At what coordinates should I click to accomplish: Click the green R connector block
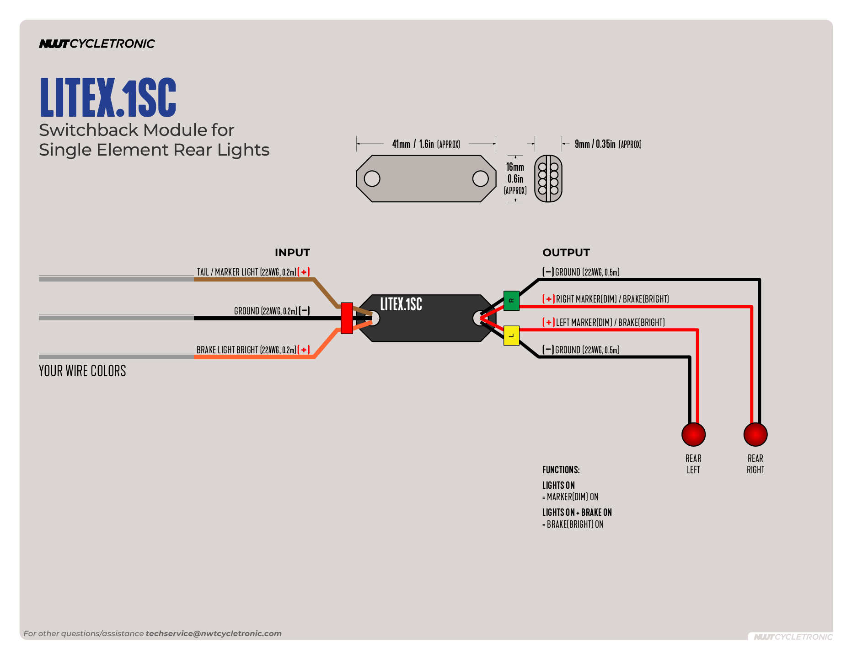511,301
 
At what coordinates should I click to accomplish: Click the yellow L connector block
511,335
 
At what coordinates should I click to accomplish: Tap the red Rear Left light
693,434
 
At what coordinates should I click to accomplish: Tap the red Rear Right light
755,434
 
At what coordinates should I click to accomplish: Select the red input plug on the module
347,318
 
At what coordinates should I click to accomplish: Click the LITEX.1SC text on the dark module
401,304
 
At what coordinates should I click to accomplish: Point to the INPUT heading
292,253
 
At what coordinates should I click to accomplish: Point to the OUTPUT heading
566,253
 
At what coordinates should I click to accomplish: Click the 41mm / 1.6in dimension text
426,144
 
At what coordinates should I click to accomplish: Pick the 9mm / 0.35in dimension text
608,144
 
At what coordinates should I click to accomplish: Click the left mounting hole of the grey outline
372,178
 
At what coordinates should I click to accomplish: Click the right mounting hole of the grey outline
480,178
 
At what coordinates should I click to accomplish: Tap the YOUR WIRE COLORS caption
82,371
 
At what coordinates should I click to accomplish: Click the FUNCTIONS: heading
561,470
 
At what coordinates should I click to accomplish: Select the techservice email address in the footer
214,633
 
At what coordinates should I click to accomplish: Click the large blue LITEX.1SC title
108,97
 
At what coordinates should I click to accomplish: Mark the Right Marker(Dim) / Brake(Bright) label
612,299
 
